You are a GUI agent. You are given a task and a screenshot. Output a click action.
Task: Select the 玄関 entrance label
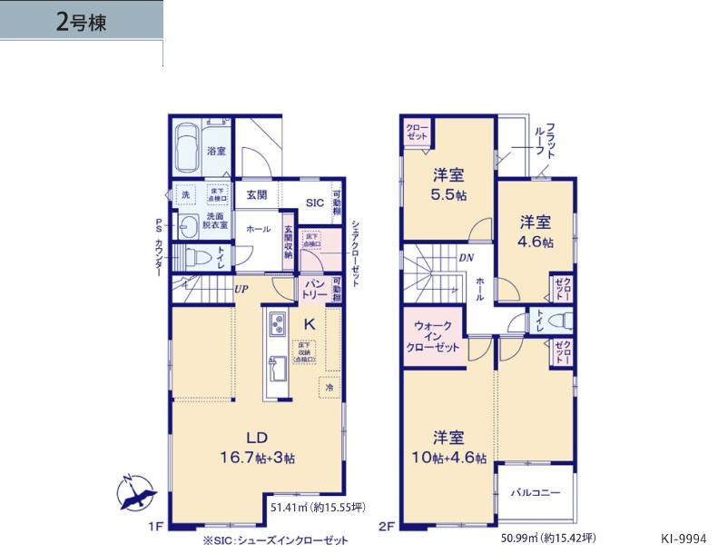coord(256,194)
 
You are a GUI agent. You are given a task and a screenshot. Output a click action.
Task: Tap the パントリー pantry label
coord(314,291)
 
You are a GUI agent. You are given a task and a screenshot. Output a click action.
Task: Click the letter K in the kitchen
coord(309,322)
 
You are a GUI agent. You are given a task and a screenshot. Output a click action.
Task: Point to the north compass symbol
coord(134,495)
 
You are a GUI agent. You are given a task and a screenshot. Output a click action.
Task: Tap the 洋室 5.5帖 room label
coord(448,184)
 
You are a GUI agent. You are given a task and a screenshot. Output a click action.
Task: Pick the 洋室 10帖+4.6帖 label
coord(448,447)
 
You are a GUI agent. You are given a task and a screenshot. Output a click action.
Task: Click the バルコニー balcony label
coord(535,491)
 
